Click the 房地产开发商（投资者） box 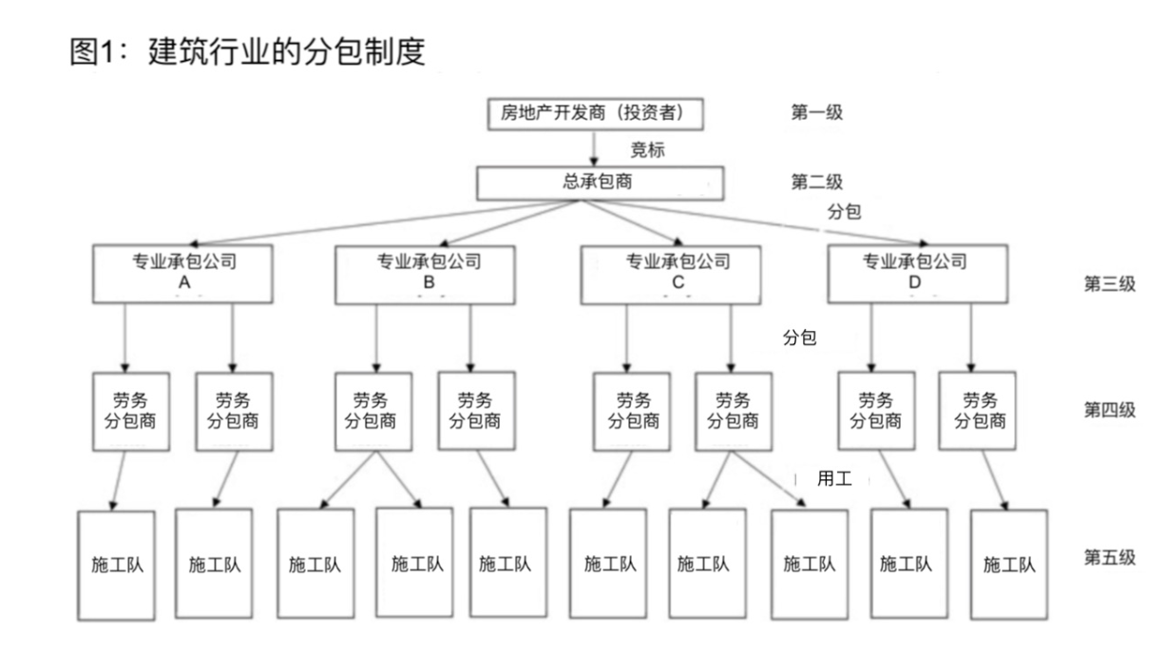pos(596,113)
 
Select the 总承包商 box pos(601,183)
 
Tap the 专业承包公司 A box pos(182,274)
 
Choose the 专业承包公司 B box pos(426,275)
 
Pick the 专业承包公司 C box pos(671,275)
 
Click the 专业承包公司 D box pos(918,274)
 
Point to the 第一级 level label pos(816,112)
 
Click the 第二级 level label pos(816,182)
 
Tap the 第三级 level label pos(1110,284)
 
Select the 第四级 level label pos(1110,410)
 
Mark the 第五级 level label pos(1110,557)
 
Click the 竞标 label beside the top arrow pos(647,150)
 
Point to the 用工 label pos(834,478)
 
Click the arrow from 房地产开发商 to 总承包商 pos(594,148)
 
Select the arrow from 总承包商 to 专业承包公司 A pos(384,223)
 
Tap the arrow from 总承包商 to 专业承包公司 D pos(754,223)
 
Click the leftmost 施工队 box pos(116,566)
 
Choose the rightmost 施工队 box pos(1009,565)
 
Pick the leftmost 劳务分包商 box pos(131,412)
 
